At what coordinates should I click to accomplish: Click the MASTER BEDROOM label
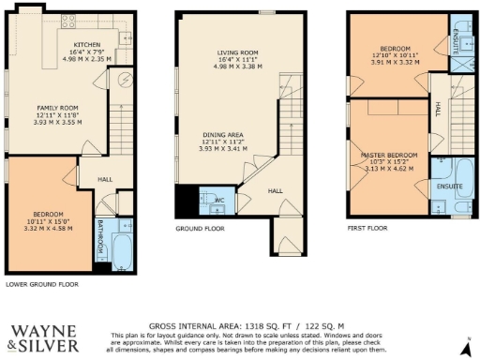pos(387,155)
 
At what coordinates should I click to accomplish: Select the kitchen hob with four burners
pos(68,19)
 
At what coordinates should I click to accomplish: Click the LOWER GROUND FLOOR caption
pos(41,284)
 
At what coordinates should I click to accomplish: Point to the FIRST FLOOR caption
pos(368,228)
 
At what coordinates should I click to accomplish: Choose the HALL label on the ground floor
pos(275,191)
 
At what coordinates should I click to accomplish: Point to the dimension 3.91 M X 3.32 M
pos(396,62)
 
